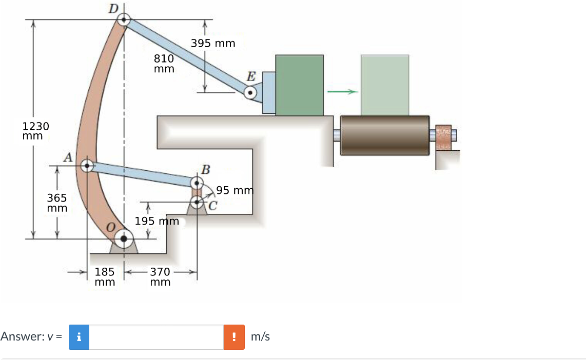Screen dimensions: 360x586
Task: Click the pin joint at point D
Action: tap(124, 20)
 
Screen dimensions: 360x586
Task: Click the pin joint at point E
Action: tap(250, 93)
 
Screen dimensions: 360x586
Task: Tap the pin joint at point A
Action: tap(87, 166)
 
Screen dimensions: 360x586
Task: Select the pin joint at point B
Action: tap(197, 183)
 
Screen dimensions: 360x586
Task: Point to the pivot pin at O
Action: tap(124, 238)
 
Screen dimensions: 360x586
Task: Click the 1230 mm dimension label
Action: tap(35, 131)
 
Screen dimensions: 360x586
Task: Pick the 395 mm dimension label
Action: tap(213, 44)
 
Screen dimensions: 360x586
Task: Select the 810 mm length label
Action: tap(164, 64)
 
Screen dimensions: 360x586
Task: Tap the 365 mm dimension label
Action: tap(57, 203)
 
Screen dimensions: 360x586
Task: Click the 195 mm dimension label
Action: tap(157, 222)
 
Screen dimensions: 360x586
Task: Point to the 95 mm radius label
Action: tap(235, 191)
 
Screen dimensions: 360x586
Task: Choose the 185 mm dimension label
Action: tap(105, 277)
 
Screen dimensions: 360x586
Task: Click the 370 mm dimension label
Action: tap(161, 277)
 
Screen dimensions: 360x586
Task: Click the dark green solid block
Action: tap(300, 85)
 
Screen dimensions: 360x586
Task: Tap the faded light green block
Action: tap(385, 85)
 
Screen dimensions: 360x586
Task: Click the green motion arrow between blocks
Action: tap(342, 92)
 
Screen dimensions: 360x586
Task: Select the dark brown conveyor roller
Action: tap(384, 134)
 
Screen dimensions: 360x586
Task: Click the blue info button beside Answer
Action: tap(79, 337)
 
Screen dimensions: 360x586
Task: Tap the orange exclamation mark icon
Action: tap(234, 337)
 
